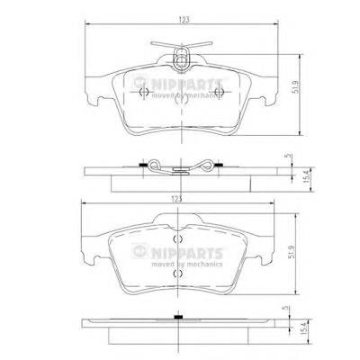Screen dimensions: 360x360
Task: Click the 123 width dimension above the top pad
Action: [x=184, y=20]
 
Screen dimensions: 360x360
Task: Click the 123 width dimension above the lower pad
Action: [x=177, y=199]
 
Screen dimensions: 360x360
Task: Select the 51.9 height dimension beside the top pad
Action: [x=296, y=86]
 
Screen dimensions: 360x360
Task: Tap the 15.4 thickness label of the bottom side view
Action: [x=304, y=328]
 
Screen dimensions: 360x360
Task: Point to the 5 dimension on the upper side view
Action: [x=289, y=156]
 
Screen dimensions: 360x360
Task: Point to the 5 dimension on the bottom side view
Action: [x=285, y=308]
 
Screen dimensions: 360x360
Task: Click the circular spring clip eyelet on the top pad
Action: [x=181, y=61]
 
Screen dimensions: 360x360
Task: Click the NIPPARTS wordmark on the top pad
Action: [x=187, y=84]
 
